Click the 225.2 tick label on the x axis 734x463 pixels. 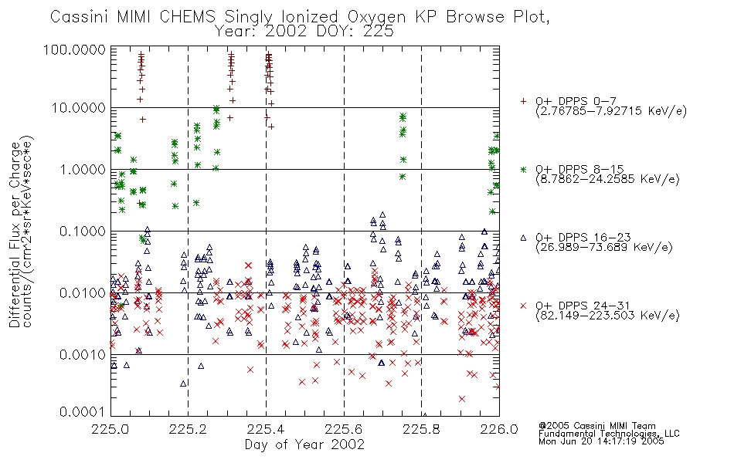(188, 429)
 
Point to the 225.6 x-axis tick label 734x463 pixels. (344, 429)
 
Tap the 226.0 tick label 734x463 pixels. (499, 429)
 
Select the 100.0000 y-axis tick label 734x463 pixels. (75, 49)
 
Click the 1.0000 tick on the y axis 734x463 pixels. (83, 169)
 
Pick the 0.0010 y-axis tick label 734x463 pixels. (83, 354)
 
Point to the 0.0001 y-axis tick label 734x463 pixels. (83, 412)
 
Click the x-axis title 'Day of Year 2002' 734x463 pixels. (304, 444)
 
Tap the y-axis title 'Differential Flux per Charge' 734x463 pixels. (15, 235)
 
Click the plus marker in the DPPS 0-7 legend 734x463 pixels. (523, 101)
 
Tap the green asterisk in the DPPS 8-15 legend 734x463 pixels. (523, 169)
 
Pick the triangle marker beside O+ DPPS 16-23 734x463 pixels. (523, 238)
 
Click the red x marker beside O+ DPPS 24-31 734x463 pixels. (523, 306)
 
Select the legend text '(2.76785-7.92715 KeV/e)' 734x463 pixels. (611, 111)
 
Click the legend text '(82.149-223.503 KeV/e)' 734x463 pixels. (607, 316)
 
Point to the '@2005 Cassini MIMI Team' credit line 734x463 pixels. (596, 426)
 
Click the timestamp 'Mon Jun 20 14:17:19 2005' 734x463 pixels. (601, 441)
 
